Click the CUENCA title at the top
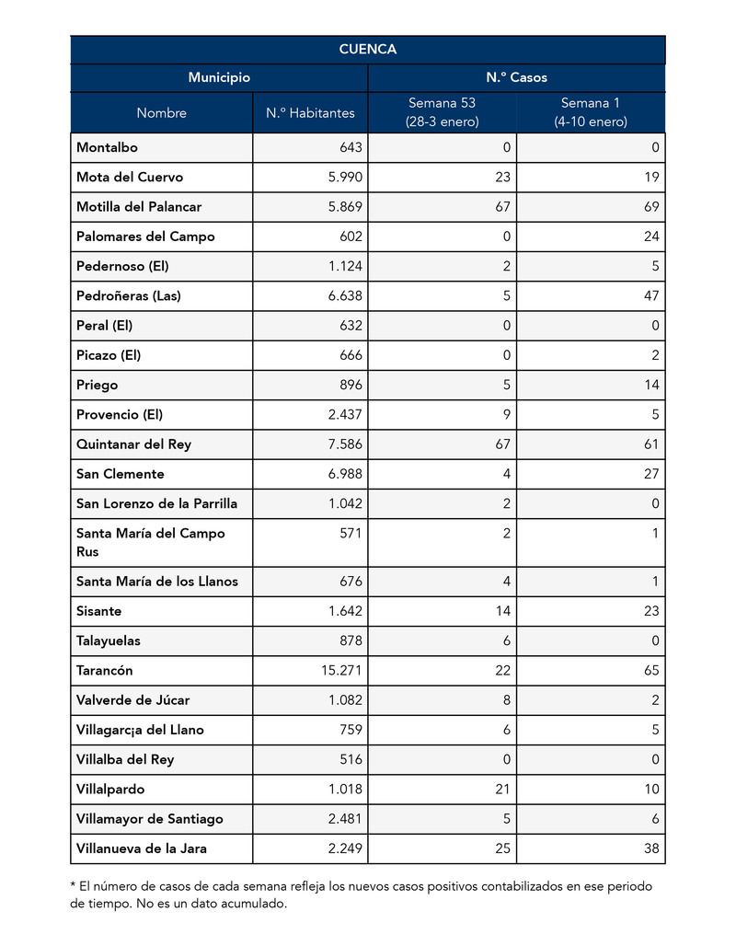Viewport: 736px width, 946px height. pos(367,50)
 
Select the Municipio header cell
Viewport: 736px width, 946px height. pos(219,78)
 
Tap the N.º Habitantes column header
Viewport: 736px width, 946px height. pos(310,113)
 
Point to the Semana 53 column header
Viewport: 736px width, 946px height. pos(442,112)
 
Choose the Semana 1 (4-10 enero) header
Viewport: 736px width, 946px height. pos(590,112)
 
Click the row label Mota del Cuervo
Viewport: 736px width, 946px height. pos(130,178)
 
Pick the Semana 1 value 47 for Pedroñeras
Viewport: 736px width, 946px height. pos(651,296)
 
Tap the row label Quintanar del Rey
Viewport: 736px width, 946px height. pos(133,444)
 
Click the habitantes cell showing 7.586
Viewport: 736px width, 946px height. pos(345,444)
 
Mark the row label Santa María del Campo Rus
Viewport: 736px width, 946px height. pos(150,542)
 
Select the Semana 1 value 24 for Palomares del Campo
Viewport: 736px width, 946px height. pos(651,236)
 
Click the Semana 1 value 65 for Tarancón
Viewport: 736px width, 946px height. pos(651,671)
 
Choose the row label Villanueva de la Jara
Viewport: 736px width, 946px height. pos(141,848)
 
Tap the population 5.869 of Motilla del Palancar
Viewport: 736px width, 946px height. pos(345,207)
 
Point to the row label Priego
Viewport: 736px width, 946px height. pos(98,385)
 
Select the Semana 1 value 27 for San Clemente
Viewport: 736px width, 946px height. pos(651,474)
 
